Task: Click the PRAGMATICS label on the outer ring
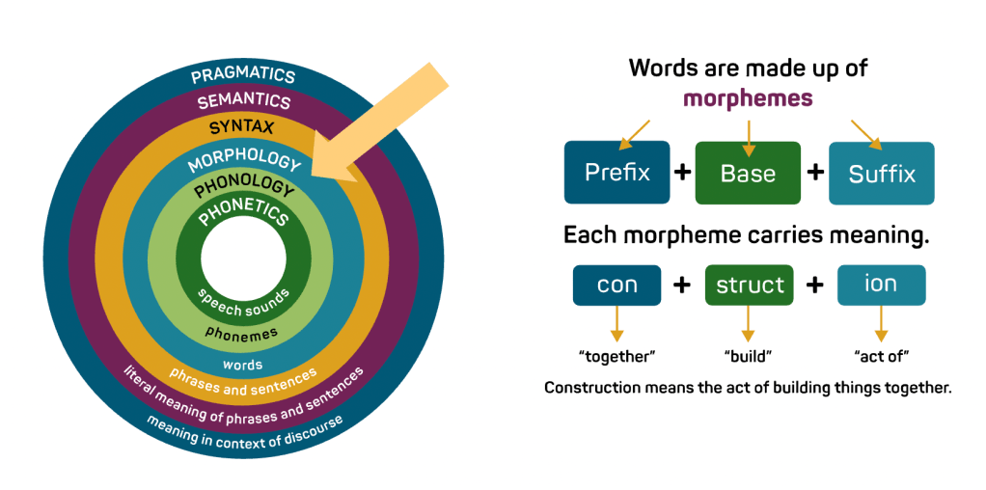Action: click(243, 75)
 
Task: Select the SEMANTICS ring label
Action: click(243, 100)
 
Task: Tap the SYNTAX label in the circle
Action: click(242, 126)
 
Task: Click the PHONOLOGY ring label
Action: click(243, 186)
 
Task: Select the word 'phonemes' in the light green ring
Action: click(243, 333)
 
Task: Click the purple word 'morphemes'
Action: click(748, 98)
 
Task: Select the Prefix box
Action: click(617, 173)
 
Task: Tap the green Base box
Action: click(748, 174)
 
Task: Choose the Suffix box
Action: click(881, 174)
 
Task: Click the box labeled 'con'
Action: click(617, 286)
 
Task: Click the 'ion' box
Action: click(881, 286)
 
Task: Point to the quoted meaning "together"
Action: click(617, 356)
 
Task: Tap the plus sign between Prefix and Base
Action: click(682, 173)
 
